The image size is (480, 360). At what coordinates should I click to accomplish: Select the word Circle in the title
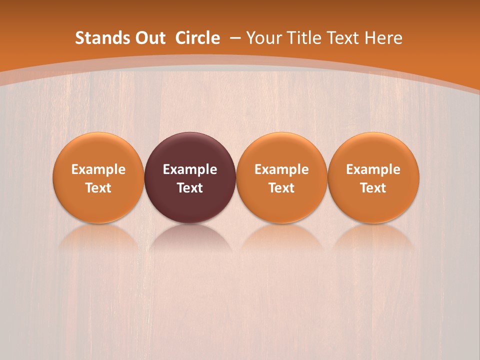(x=197, y=38)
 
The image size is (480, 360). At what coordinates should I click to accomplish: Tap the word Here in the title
(x=383, y=38)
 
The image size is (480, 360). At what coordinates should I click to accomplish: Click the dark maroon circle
(x=190, y=150)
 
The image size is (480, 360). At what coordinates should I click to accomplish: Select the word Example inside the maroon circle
(x=190, y=169)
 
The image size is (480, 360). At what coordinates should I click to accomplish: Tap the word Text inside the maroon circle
(x=190, y=188)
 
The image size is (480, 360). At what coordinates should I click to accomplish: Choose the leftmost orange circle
(x=98, y=150)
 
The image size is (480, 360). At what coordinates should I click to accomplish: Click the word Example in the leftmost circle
(x=98, y=169)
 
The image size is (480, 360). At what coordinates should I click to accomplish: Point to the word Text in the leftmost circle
(x=98, y=188)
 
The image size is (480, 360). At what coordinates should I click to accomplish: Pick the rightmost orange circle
(x=373, y=150)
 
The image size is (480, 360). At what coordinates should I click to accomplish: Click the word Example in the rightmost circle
(x=373, y=169)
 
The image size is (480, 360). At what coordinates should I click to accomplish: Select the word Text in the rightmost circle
(x=373, y=188)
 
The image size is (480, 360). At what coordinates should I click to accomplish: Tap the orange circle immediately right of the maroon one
(x=281, y=150)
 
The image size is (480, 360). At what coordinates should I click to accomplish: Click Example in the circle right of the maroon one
(x=281, y=169)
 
